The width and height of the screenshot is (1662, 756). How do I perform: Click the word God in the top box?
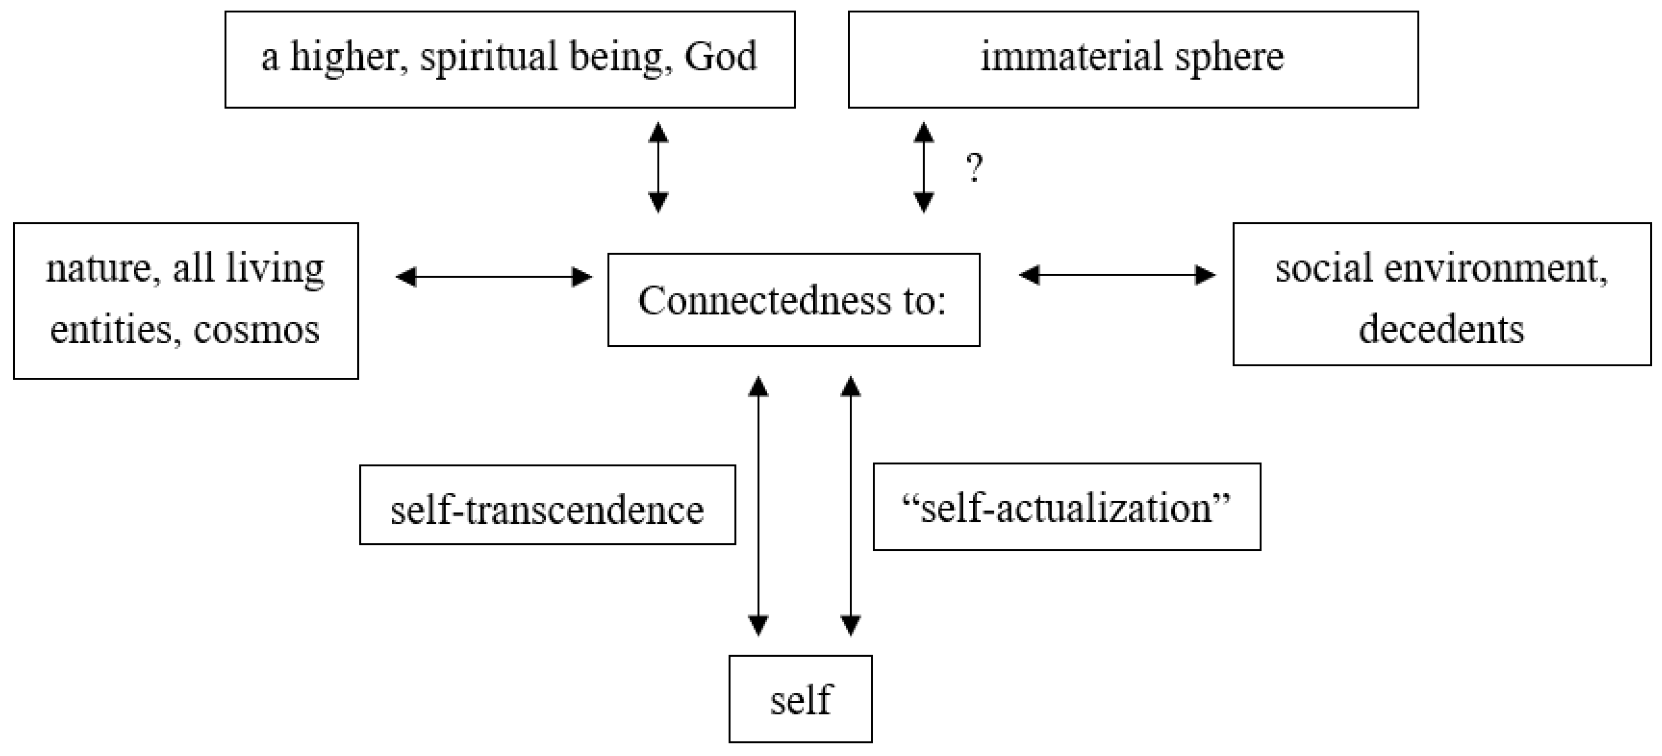(720, 57)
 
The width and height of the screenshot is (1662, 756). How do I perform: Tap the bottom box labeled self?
(800, 699)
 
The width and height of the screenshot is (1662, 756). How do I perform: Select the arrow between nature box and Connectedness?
(493, 278)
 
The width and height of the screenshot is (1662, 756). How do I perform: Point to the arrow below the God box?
(658, 168)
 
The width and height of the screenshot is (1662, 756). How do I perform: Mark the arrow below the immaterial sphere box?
(924, 168)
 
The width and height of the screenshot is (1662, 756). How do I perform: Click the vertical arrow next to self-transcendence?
(758, 506)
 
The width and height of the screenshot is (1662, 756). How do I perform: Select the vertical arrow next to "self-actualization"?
(851, 506)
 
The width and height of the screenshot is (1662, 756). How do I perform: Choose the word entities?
(110, 330)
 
